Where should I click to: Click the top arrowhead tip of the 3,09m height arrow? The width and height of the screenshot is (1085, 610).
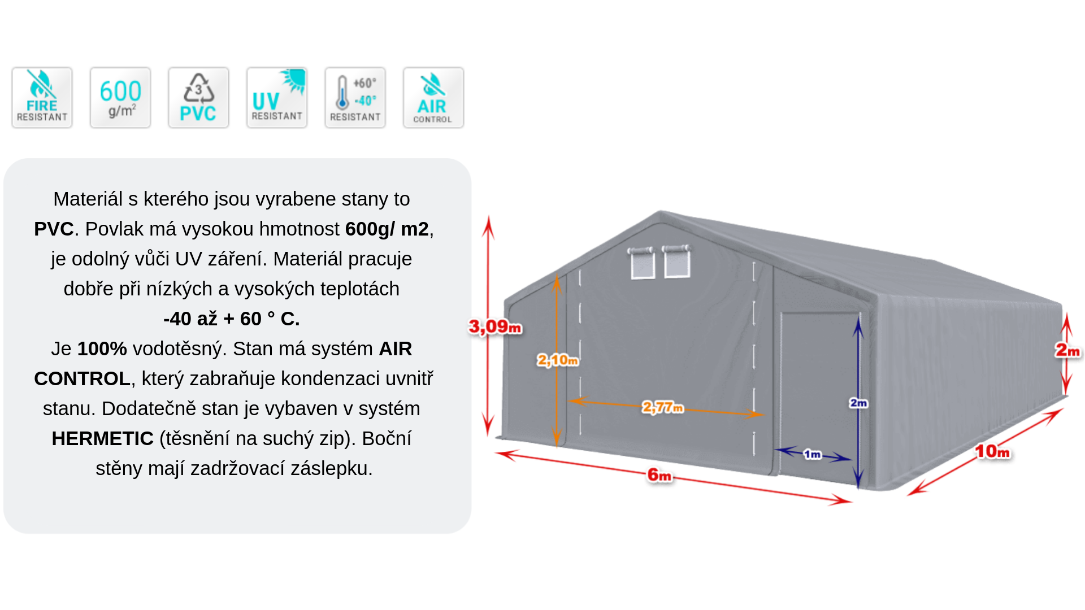[x=489, y=216]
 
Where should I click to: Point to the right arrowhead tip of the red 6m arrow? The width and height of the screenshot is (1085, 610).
[x=852, y=501]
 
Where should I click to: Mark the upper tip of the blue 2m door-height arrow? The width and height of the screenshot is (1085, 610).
[x=858, y=317]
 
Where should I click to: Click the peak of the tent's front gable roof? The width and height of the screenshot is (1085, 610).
[x=660, y=211]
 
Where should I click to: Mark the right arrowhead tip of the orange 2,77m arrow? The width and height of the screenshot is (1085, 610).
[x=763, y=414]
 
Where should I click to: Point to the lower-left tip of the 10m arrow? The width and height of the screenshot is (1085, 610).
[x=908, y=495]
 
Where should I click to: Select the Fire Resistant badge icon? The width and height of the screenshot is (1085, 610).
[x=42, y=98]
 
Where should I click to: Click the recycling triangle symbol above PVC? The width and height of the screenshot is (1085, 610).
[x=198, y=89]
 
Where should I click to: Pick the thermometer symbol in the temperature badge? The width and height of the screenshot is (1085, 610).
[x=342, y=92]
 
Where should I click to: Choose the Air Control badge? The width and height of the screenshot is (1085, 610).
[x=433, y=98]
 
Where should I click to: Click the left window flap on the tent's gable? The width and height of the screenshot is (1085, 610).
[x=643, y=263]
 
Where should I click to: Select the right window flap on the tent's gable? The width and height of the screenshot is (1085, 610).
[x=677, y=261]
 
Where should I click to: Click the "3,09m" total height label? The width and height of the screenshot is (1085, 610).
[x=495, y=326]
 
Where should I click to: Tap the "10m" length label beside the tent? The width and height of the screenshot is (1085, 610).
[x=992, y=451]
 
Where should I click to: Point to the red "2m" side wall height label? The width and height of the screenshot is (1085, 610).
[x=1067, y=350]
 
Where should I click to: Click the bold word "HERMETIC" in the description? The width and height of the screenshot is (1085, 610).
[x=102, y=438]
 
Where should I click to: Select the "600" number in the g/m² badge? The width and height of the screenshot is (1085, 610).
[x=120, y=91]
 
